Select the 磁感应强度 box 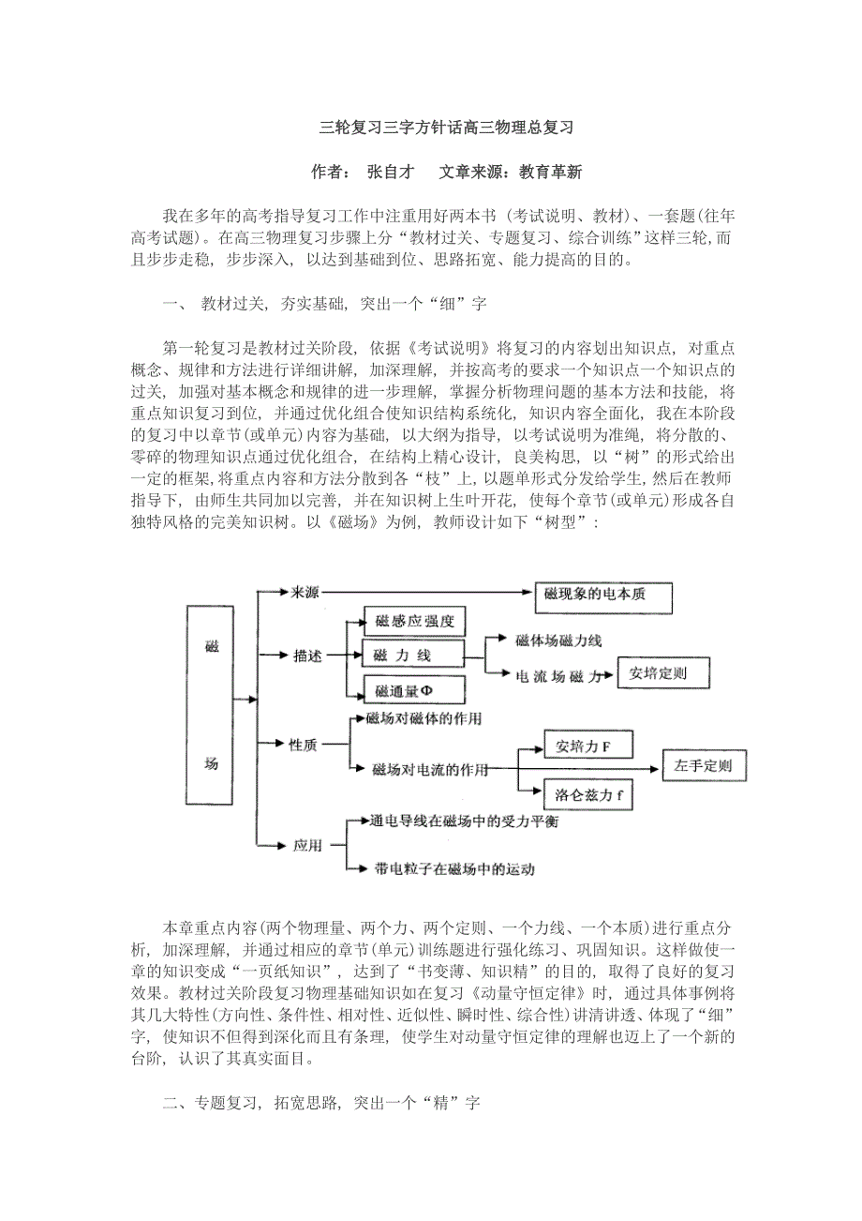pos(414,621)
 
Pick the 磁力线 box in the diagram pos(413,654)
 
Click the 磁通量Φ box pos(403,690)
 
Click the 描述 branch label pos(306,655)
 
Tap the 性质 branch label pos(303,745)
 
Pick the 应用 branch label pos(307,845)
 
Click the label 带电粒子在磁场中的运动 pos(454,868)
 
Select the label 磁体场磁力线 pos(558,641)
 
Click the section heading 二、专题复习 pos(320,1104)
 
